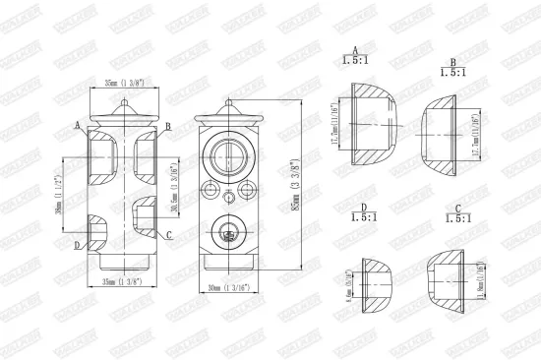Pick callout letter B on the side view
(x=168, y=126)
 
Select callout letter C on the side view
(x=169, y=236)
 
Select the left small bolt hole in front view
(x=210, y=188)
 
